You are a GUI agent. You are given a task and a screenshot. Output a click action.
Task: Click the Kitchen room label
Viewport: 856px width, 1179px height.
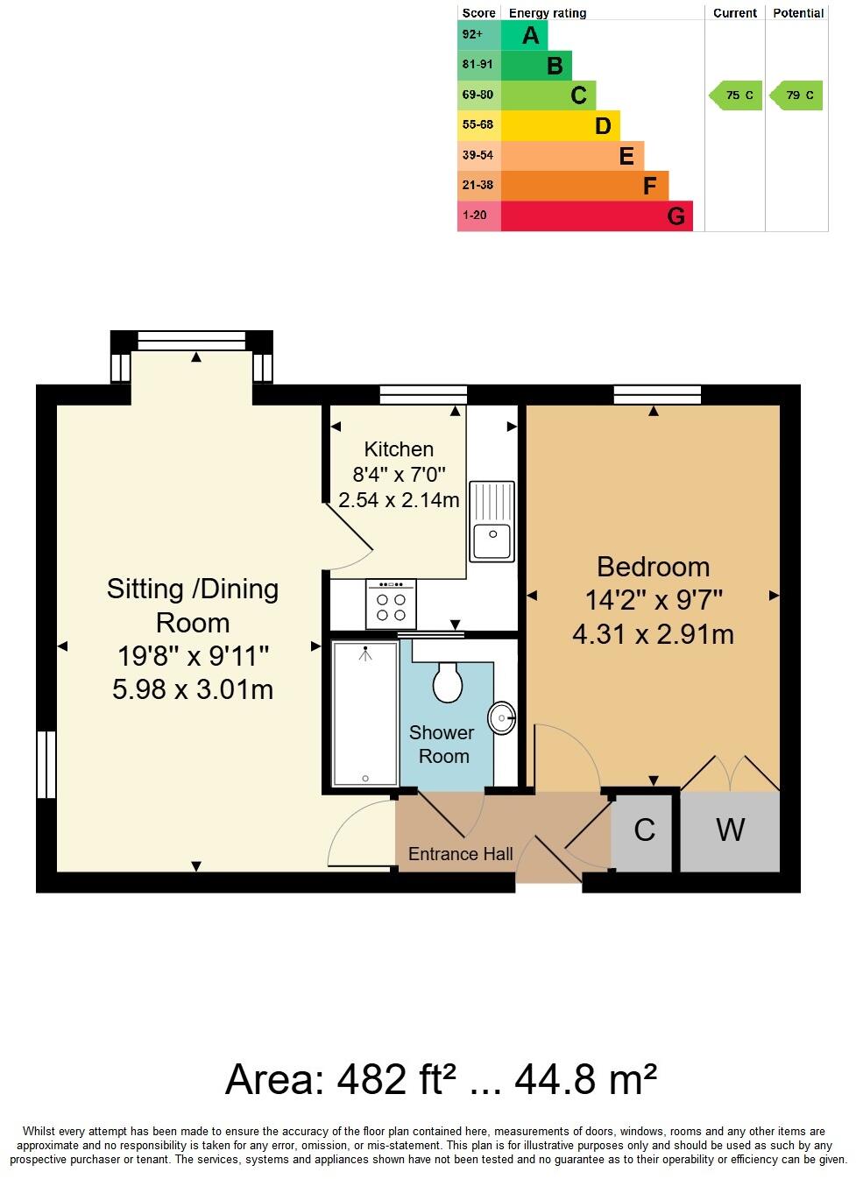[x=399, y=449]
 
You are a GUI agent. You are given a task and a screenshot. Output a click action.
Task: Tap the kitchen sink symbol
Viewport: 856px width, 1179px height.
[x=492, y=520]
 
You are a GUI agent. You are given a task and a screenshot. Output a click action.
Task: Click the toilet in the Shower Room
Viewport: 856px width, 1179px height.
[x=448, y=682]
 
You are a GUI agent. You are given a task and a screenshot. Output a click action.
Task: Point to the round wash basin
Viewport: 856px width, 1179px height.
[x=504, y=719]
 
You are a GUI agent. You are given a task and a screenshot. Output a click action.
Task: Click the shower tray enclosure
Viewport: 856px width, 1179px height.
[x=365, y=713]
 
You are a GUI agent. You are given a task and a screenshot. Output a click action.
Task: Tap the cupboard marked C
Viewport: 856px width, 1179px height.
[x=644, y=830]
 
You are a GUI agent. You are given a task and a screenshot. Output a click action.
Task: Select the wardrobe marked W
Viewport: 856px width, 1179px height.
[x=730, y=830]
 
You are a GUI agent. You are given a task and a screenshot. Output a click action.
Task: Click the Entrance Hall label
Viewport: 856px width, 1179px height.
[x=460, y=854]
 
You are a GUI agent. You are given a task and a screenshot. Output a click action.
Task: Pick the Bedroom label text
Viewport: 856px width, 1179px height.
[x=653, y=567]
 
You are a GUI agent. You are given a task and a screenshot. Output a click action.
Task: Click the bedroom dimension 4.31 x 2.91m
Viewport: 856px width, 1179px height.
[x=653, y=634]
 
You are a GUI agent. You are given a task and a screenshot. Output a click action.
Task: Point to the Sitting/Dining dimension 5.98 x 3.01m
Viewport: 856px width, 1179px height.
[x=193, y=689]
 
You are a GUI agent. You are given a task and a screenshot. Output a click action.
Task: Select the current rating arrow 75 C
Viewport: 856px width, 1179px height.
[x=736, y=95]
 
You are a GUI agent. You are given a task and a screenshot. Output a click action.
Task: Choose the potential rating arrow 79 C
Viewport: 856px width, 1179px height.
[x=796, y=95]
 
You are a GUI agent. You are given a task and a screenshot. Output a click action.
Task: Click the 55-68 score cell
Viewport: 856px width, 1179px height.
[x=478, y=125]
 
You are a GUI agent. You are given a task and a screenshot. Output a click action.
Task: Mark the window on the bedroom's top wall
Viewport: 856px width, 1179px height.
[x=657, y=395]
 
